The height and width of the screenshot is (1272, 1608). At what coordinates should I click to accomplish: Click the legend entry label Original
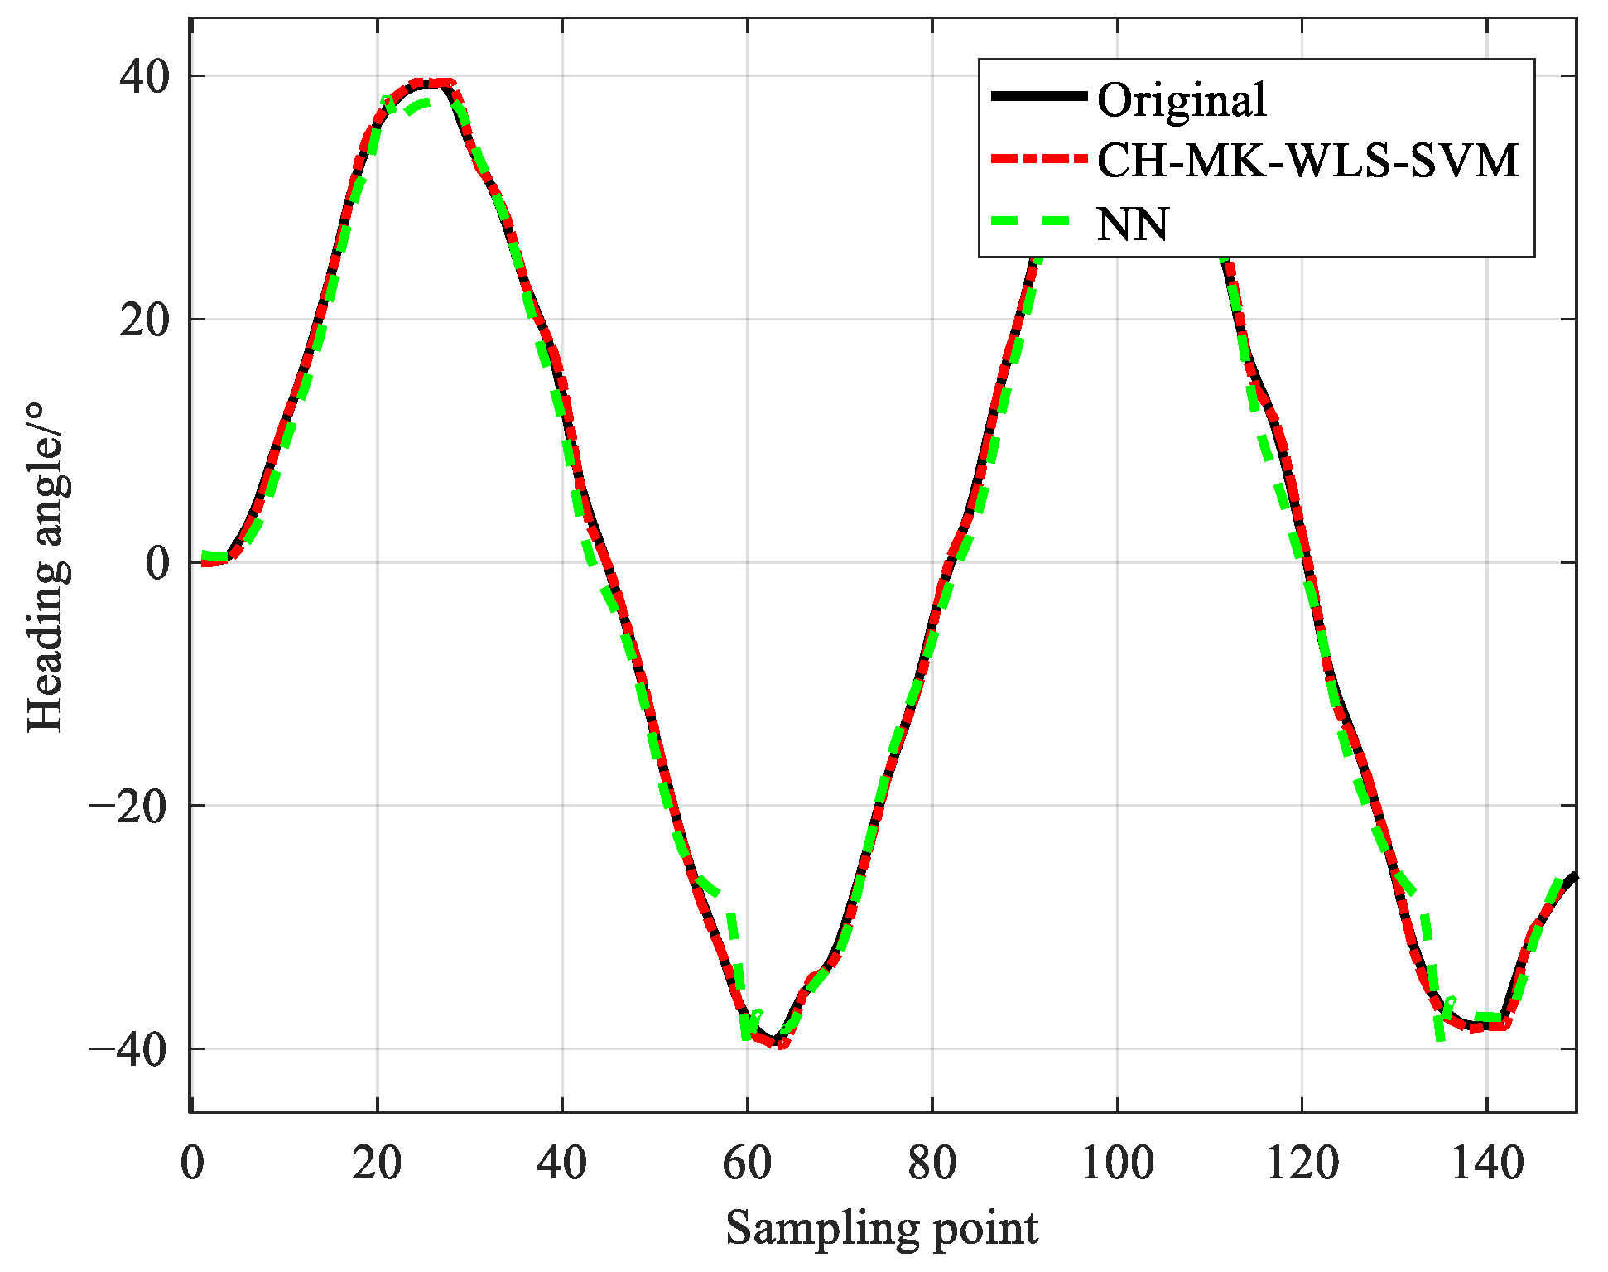(x=1182, y=100)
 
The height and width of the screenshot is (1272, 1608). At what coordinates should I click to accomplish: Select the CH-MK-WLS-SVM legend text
(x=1307, y=161)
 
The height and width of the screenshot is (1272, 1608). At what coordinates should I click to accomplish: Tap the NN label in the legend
(x=1132, y=224)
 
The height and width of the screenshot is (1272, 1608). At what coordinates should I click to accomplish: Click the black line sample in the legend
(x=1038, y=96)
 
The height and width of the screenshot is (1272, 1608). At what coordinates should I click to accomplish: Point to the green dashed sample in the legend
(x=1038, y=221)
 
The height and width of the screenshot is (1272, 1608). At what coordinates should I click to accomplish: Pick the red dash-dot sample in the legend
(x=1038, y=159)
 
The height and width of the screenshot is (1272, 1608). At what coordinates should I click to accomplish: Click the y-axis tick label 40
(x=144, y=76)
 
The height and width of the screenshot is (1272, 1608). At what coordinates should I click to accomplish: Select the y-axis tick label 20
(x=144, y=320)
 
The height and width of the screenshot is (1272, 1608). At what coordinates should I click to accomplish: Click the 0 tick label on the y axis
(x=157, y=563)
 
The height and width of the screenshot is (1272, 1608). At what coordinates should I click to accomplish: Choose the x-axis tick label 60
(x=747, y=1163)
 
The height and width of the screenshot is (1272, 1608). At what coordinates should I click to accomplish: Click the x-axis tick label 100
(x=1117, y=1163)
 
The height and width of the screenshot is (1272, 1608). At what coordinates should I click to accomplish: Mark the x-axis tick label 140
(x=1487, y=1163)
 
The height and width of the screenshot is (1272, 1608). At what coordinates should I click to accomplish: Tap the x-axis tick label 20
(x=377, y=1163)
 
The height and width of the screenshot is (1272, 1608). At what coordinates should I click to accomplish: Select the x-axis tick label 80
(x=932, y=1163)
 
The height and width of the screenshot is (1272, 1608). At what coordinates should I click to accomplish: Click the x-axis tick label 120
(x=1302, y=1163)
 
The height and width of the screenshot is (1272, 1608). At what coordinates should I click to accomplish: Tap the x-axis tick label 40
(x=562, y=1163)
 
